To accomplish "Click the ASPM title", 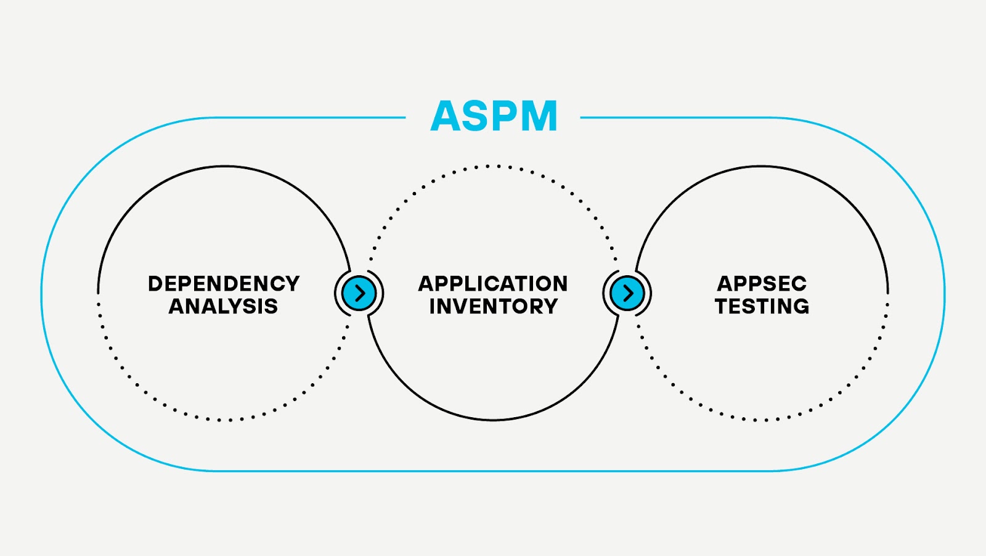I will click(494, 116).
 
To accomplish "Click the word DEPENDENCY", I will click(224, 284).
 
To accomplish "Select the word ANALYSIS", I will click(224, 306).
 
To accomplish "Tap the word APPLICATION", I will click(493, 284).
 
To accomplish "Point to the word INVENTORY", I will click(493, 306).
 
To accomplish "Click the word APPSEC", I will click(762, 284).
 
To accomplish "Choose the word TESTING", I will click(762, 306).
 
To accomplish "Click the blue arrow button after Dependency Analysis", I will click(359, 293).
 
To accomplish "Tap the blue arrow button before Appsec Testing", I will click(627, 293).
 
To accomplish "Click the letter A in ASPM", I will click(446, 116).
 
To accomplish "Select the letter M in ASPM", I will click(537, 116).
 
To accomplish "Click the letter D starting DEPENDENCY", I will click(155, 284).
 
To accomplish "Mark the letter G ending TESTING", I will click(800, 306).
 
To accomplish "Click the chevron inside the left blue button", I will click(360, 293).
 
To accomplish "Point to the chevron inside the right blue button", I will click(628, 293).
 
